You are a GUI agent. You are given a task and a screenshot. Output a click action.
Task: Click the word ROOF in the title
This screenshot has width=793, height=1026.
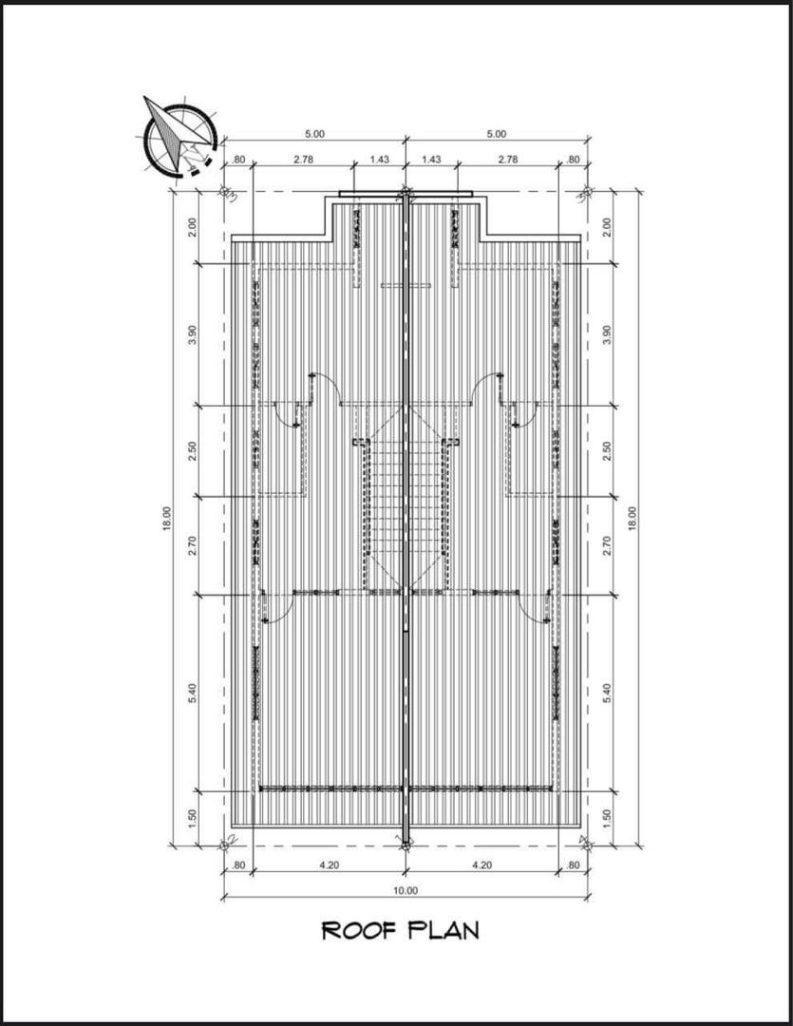pyautogui.click(x=359, y=930)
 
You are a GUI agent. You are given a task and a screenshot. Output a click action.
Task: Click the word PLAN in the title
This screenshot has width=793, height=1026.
pyautogui.click(x=443, y=930)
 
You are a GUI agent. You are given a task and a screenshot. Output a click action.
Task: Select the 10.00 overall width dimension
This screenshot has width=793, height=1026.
pyautogui.click(x=405, y=890)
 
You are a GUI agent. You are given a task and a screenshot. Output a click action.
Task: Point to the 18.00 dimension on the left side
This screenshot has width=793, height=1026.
pyautogui.click(x=167, y=519)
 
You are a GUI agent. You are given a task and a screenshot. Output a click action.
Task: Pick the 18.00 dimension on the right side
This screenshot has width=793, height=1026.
pyautogui.click(x=633, y=519)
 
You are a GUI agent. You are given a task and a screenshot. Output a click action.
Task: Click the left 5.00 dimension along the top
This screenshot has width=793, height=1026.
pyautogui.click(x=314, y=134)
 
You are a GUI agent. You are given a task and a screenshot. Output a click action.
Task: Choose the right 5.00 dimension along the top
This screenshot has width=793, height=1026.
pyautogui.click(x=496, y=134)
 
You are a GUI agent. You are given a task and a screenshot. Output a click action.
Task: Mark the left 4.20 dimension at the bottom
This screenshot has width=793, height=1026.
pyautogui.click(x=330, y=865)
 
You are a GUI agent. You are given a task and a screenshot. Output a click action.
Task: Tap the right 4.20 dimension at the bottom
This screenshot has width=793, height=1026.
pyautogui.click(x=481, y=865)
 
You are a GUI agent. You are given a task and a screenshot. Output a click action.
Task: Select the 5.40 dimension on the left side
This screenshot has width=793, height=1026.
pyautogui.click(x=193, y=693)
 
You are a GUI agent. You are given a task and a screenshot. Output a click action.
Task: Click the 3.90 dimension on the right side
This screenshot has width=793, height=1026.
pyautogui.click(x=607, y=334)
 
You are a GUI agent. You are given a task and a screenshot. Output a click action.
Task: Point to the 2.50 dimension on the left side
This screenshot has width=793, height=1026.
pyautogui.click(x=193, y=451)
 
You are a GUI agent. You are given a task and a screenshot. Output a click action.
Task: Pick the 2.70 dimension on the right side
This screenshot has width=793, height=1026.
pyautogui.click(x=607, y=545)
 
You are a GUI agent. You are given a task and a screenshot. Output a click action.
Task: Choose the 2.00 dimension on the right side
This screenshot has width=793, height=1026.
pyautogui.click(x=607, y=227)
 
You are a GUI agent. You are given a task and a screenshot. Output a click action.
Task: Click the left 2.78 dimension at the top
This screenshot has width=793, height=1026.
pyautogui.click(x=303, y=159)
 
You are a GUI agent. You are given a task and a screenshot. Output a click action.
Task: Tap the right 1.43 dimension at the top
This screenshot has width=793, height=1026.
pyautogui.click(x=431, y=159)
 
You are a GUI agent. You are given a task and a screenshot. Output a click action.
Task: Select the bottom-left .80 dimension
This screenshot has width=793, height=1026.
pyautogui.click(x=238, y=865)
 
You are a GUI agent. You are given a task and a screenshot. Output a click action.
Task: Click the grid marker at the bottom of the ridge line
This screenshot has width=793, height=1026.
pyautogui.click(x=405, y=845)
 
